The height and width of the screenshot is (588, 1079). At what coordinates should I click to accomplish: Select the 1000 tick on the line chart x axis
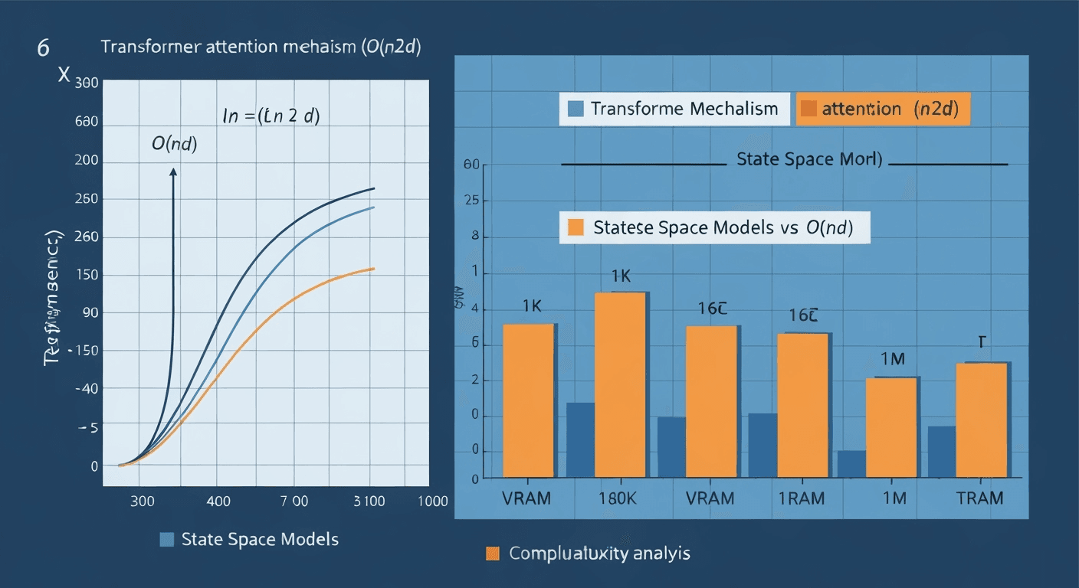pos(432,501)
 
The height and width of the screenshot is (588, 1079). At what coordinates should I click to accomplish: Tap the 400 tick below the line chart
pos(218,501)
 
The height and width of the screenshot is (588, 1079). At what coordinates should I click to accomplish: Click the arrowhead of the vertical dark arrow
pos(173,173)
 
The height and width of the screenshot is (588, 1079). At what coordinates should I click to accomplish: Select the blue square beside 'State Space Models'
pos(166,539)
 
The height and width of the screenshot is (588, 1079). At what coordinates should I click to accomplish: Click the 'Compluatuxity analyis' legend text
pos(599,553)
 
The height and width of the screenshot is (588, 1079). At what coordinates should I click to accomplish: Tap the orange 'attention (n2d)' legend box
pos(884,109)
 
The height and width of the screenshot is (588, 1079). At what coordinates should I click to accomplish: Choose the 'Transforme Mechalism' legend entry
pos(674,109)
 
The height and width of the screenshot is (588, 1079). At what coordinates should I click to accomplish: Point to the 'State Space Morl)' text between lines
pos(808,160)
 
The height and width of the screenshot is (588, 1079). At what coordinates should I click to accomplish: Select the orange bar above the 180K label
pos(621,384)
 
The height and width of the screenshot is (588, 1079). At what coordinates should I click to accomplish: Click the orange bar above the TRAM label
pos(982,420)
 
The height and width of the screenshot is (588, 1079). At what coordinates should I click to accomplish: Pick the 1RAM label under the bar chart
pos(801,498)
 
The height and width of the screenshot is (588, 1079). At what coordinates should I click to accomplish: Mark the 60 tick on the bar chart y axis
pos(471,165)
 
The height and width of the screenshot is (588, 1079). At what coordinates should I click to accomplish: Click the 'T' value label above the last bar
pos(980,342)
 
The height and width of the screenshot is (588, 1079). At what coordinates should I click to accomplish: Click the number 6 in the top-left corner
pos(44,47)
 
